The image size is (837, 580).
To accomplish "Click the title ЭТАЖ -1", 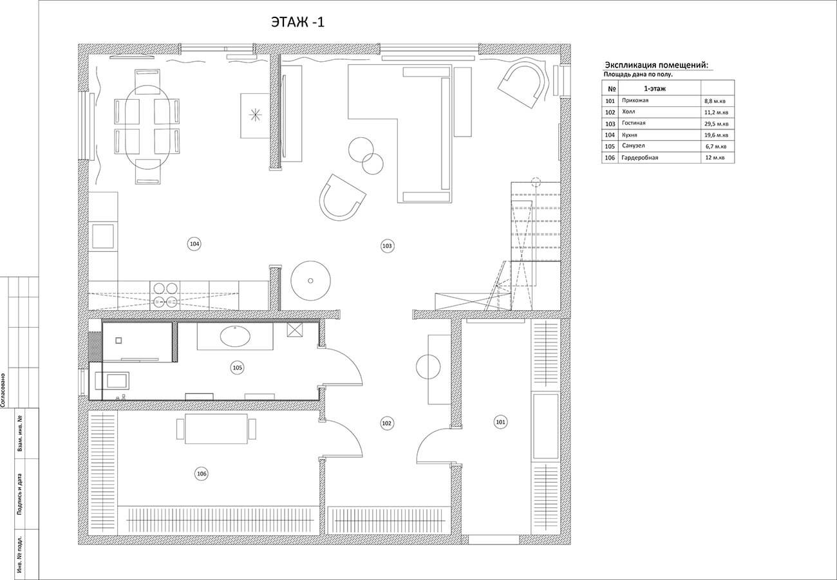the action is [298, 23].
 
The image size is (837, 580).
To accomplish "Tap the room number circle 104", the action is [194, 245].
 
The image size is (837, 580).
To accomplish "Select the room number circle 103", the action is [387, 246].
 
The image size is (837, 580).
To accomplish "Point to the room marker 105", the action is [238, 368].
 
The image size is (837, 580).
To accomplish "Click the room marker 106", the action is [202, 474].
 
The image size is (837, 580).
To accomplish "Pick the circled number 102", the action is [386, 423].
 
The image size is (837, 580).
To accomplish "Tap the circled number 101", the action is [500, 422].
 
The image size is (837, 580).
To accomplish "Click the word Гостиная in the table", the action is [634, 123].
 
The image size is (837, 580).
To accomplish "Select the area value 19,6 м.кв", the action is [717, 135].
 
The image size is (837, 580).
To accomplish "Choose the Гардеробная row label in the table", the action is [640, 158].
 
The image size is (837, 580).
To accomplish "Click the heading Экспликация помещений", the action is [656, 65].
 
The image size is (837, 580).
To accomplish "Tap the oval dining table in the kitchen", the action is [148, 127].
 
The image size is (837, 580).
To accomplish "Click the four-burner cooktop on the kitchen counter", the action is [165, 295].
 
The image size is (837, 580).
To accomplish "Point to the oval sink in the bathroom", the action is [235, 336].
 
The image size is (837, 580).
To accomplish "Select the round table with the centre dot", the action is [310, 281].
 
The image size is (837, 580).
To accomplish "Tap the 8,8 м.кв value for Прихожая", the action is [715, 101].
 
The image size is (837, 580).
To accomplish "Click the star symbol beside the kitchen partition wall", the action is [256, 115].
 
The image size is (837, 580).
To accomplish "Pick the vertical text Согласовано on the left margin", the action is [3, 390].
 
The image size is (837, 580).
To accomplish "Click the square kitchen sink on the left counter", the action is [103, 236].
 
